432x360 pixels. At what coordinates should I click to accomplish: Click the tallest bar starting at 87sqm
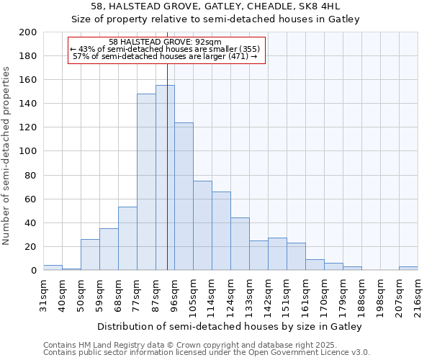(165, 177)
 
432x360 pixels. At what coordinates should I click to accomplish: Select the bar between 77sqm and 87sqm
(146, 181)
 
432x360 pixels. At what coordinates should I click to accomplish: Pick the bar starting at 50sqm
(90, 254)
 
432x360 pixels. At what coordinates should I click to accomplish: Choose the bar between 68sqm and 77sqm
(127, 238)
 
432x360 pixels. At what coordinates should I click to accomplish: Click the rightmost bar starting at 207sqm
(408, 269)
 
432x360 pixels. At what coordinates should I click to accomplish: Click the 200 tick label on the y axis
(29, 32)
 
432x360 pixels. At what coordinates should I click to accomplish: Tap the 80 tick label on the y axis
(31, 175)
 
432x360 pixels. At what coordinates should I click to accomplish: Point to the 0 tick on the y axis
(34, 270)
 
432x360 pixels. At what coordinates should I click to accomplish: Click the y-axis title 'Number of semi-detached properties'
(6, 156)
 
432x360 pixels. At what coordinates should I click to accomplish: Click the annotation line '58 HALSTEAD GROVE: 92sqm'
(165, 42)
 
